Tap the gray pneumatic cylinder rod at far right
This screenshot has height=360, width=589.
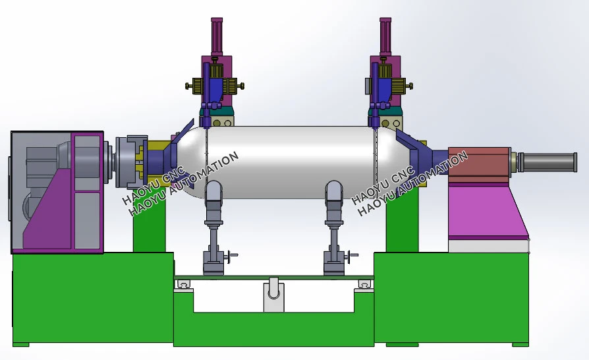point(548,162)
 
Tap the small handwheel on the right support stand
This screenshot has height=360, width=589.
point(352,256)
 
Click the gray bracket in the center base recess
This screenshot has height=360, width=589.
point(274,294)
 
